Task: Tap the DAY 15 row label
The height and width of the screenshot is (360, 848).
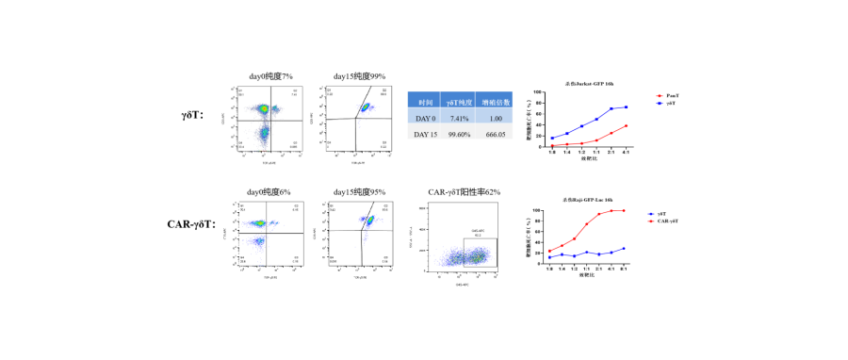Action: [426, 135]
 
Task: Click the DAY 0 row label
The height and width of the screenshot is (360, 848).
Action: [426, 118]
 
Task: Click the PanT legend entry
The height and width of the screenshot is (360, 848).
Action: [671, 96]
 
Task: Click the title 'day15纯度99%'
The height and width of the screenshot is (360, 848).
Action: [359, 75]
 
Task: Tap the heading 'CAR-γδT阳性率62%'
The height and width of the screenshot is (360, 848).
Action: [464, 192]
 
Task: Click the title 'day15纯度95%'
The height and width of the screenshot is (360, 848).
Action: [359, 192]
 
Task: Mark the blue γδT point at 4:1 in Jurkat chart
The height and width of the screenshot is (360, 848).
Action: [626, 107]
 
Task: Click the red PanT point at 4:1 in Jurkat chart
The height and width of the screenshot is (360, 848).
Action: [626, 126]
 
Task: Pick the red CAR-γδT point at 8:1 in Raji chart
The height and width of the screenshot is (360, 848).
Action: [624, 210]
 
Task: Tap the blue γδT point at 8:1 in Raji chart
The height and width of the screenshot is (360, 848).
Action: [624, 249]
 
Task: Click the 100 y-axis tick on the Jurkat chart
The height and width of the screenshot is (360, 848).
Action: [539, 92]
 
